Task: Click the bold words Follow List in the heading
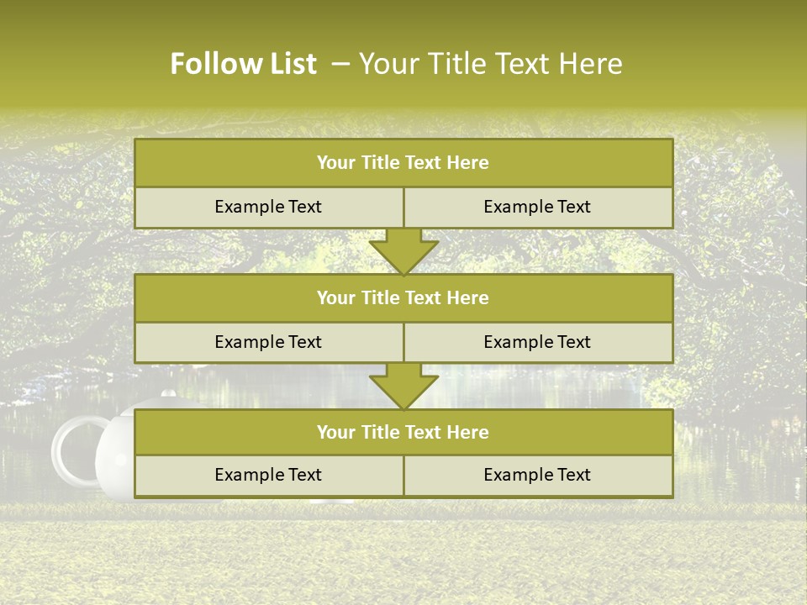pyautogui.click(x=243, y=64)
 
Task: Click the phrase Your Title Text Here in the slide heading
pyautogui.click(x=490, y=64)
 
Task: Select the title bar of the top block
pyautogui.click(x=403, y=163)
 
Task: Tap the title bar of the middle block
pyautogui.click(x=403, y=298)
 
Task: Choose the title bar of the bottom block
pyautogui.click(x=403, y=433)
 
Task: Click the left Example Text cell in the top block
pyautogui.click(x=268, y=208)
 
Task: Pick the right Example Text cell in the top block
pyautogui.click(x=537, y=208)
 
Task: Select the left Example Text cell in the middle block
pyautogui.click(x=268, y=343)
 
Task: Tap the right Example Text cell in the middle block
pyautogui.click(x=537, y=343)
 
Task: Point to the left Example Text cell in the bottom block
pyautogui.click(x=268, y=476)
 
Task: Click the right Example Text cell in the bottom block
pyautogui.click(x=537, y=476)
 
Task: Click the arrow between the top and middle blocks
pyautogui.click(x=403, y=251)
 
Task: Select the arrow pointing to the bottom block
pyautogui.click(x=403, y=386)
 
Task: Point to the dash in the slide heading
pyautogui.click(x=340, y=64)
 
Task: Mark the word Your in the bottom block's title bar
pyautogui.click(x=335, y=433)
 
